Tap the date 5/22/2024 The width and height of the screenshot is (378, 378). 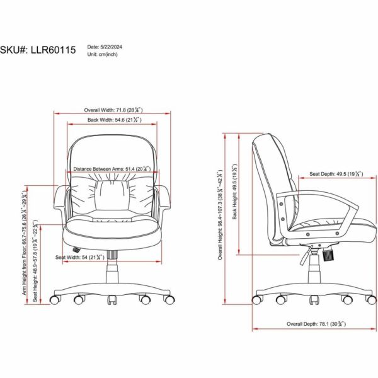[x=111, y=47]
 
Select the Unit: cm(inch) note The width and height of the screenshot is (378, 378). [x=103, y=54]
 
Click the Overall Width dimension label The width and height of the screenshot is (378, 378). [x=113, y=110]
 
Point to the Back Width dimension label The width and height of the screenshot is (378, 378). [x=114, y=120]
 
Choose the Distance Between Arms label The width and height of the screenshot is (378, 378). [x=112, y=169]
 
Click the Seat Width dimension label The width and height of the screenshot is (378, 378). [x=80, y=257]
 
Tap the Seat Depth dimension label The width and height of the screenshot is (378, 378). [x=336, y=174]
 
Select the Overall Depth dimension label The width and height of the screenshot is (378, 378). [x=316, y=324]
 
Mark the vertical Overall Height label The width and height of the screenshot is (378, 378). [x=220, y=215]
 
